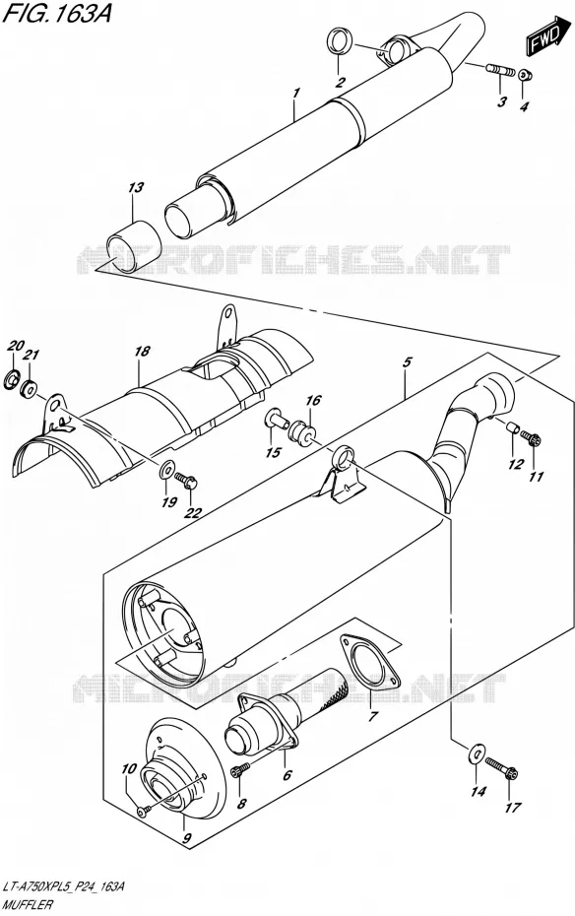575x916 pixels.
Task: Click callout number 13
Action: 136,187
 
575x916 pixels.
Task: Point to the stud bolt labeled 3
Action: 500,71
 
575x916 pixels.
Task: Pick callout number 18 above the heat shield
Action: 142,351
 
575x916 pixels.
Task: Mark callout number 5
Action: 407,362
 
